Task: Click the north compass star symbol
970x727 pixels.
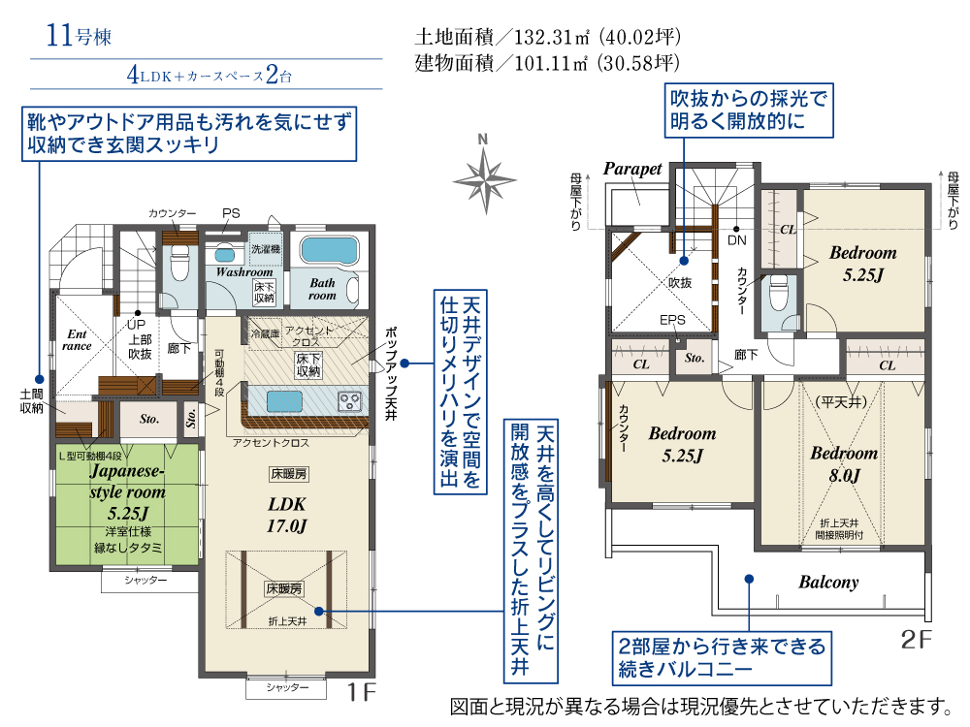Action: pos(485,180)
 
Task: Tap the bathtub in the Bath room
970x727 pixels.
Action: pos(329,251)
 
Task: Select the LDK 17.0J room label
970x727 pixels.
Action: pos(287,515)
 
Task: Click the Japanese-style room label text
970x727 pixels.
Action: pos(127,482)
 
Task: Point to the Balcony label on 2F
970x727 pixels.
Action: pos(828,582)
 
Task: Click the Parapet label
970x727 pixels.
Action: pos(632,169)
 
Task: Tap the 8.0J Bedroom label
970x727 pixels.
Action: pos(844,463)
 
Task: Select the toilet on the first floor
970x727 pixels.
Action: pos(180,264)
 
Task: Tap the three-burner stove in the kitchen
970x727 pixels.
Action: pos(349,400)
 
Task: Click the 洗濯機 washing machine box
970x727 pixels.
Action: pos(266,248)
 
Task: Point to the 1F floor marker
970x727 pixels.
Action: pos(361,692)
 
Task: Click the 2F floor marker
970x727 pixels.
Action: pos(917,639)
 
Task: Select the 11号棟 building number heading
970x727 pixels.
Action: pos(79,35)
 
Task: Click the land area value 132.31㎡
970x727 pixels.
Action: pos(552,37)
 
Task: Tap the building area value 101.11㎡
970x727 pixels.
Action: pos(551,63)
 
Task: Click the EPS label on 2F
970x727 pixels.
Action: pos(672,320)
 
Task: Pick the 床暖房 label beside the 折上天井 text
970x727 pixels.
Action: pos(284,588)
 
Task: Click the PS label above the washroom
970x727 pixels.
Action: pos(231,213)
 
